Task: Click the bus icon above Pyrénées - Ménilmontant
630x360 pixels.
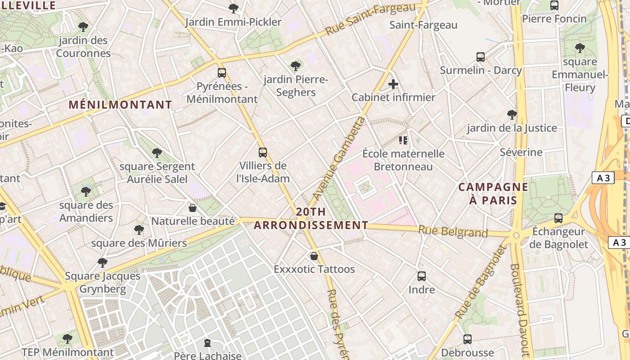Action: (222, 73)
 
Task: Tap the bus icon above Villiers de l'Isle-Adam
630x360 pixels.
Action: (263, 153)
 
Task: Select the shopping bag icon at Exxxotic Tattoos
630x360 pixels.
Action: (314, 256)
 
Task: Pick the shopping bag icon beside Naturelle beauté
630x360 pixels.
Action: (193, 208)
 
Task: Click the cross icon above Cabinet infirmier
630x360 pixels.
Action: (393, 84)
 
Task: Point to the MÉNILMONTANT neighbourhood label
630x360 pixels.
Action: (120, 105)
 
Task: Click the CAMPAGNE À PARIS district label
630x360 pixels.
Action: (487, 193)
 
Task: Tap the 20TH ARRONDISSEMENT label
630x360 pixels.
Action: (310, 218)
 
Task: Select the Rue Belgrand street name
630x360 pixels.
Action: (453, 232)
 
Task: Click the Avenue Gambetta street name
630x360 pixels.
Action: (337, 158)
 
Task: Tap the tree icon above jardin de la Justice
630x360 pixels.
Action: (512, 115)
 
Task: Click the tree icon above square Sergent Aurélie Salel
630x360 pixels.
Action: (157, 153)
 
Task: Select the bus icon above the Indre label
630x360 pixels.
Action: (422, 276)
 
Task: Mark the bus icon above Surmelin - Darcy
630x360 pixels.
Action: (481, 57)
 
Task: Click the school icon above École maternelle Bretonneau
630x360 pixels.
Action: (403, 140)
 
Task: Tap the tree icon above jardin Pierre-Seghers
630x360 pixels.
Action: (296, 67)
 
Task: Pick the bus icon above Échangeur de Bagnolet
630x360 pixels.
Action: (558, 218)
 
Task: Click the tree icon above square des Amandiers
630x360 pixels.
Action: (86, 192)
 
